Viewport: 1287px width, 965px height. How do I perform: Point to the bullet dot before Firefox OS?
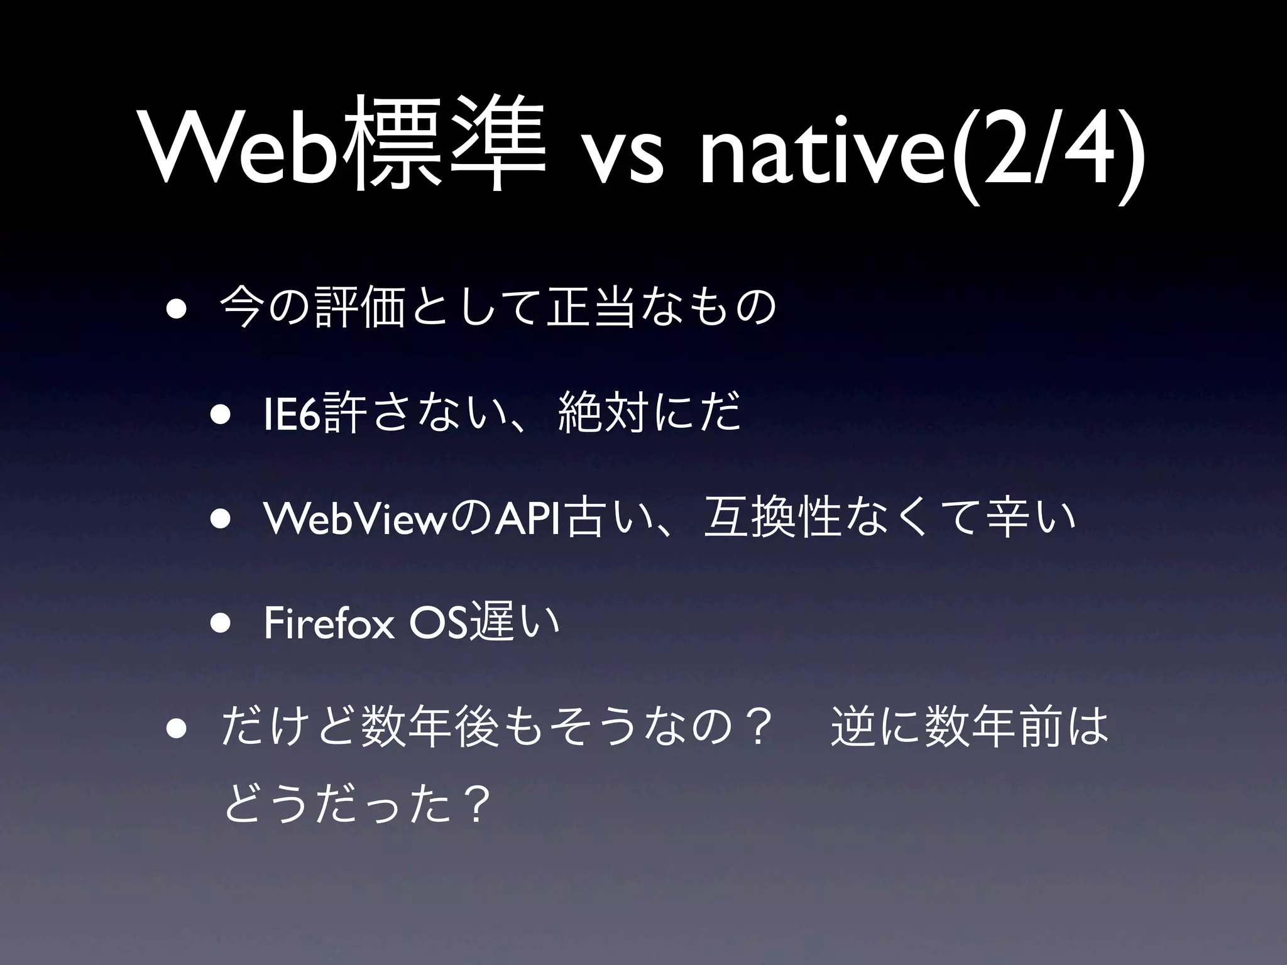click(222, 624)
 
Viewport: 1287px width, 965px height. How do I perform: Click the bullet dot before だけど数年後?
click(175, 731)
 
